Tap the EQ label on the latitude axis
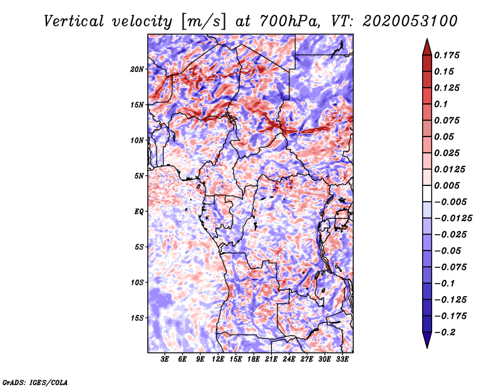point(140,211)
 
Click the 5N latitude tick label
point(140,176)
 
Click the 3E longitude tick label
point(165,359)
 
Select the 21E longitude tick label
point(271,359)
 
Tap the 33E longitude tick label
point(342,359)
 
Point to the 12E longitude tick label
point(218,359)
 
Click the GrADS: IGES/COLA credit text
point(34,381)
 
